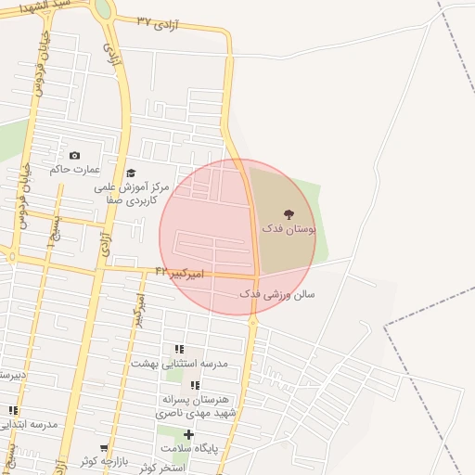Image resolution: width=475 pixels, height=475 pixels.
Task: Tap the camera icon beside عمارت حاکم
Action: (x=75, y=155)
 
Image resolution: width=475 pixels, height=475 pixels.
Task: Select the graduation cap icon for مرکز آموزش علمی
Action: (x=131, y=173)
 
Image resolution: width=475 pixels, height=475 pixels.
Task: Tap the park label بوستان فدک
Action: (x=289, y=227)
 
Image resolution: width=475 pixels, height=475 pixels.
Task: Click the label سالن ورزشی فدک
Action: (x=277, y=293)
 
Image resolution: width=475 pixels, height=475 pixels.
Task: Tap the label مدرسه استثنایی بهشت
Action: (x=179, y=364)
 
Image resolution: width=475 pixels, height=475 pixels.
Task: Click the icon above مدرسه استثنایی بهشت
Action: (x=179, y=350)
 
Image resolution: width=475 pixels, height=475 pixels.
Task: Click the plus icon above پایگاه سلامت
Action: (x=188, y=434)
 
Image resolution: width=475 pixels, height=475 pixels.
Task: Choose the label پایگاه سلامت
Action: (x=188, y=448)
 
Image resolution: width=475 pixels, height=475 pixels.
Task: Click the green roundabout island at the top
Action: (x=101, y=7)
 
